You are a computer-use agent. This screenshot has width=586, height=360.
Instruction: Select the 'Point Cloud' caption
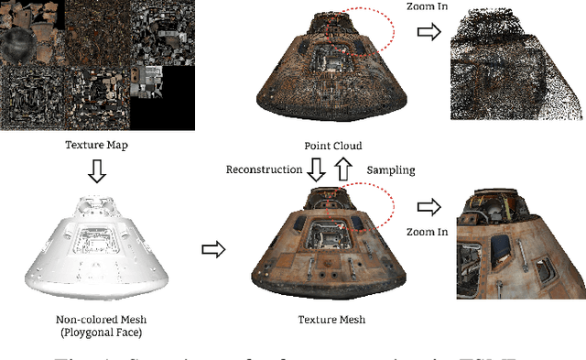point(333,147)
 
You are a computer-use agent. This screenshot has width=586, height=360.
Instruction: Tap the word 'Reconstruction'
point(264,169)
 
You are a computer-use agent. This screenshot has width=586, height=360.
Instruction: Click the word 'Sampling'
point(392,170)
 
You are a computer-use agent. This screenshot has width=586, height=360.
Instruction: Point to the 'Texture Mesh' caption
point(331,321)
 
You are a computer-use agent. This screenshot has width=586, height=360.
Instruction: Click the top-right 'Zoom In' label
point(428,8)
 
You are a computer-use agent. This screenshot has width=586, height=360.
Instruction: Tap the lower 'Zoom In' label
point(429,232)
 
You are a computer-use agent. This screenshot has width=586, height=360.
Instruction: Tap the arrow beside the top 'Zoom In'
point(428,33)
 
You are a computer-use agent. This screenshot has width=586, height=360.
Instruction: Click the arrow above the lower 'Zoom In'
point(428,207)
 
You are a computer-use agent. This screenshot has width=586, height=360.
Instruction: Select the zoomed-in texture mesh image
point(521,245)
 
